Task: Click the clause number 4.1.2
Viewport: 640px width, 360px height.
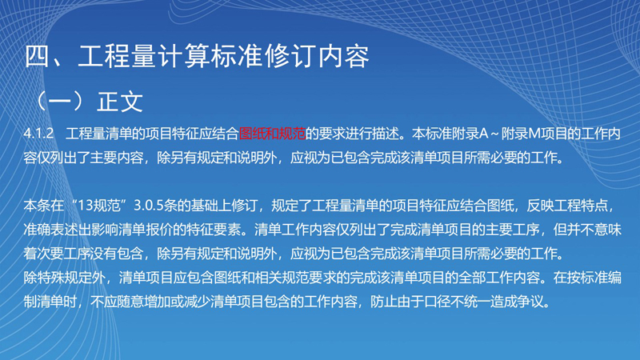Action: coord(38,134)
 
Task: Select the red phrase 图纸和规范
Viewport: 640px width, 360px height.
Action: coord(272,134)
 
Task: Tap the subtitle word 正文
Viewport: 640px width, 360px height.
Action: coord(120,102)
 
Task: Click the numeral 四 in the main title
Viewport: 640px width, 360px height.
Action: coord(38,56)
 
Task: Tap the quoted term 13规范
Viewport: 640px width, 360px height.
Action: coord(98,206)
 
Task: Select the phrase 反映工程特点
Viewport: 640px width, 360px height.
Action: coord(566,206)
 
